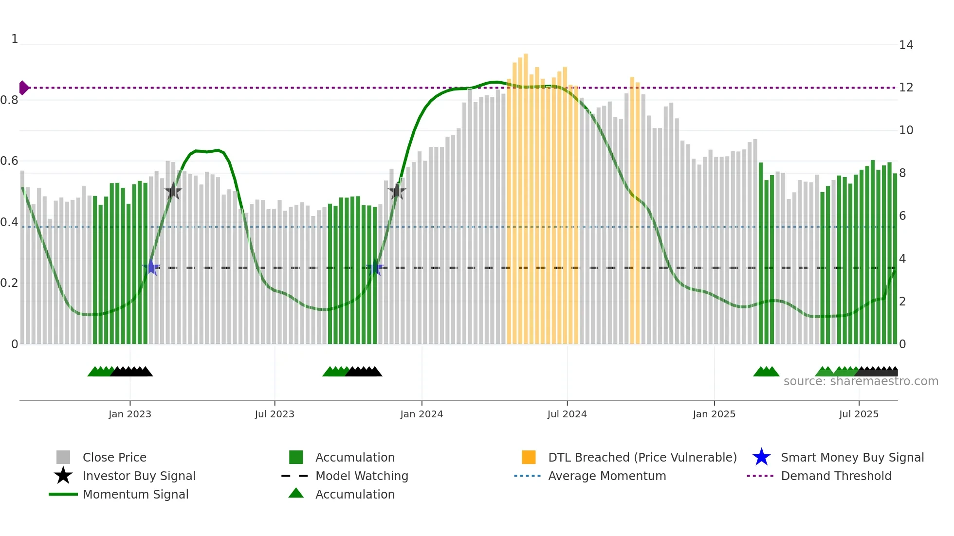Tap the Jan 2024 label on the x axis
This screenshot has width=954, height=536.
coord(422,414)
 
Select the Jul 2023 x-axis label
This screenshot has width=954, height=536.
coord(275,414)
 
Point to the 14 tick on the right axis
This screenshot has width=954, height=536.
coord(906,45)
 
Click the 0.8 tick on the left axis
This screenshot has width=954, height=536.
coord(9,100)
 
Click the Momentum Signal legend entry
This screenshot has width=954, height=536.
coord(135,494)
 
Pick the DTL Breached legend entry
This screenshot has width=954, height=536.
coord(642,457)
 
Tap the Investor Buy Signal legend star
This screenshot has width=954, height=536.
coord(63,476)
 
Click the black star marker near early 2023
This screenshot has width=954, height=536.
coord(173,192)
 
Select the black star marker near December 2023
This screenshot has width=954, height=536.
coord(397,192)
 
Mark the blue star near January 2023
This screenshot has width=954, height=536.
coord(151,268)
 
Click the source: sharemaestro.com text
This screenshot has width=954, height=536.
coord(861,381)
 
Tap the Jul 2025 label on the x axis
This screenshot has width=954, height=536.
coord(859,414)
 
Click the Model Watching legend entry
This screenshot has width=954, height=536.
coord(362,476)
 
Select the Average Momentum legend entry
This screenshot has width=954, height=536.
coord(606,476)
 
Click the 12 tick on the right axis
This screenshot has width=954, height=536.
coord(906,88)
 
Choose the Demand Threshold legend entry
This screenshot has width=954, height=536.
coord(836,476)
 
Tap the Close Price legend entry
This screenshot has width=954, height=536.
coord(114,457)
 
